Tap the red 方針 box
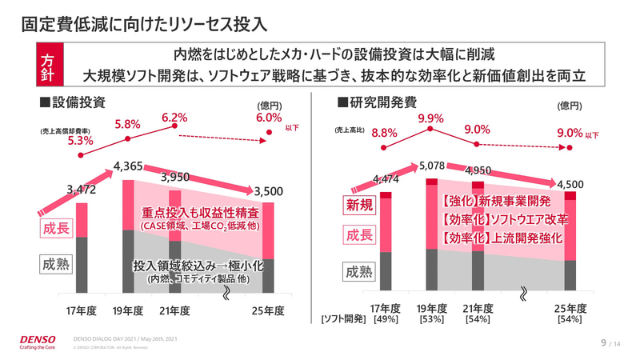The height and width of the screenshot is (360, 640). [x=48, y=66]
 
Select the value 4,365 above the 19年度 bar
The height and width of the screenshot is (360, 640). [x=128, y=166]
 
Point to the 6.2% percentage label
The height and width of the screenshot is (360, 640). [x=174, y=118]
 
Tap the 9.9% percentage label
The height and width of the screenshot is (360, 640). [x=430, y=118]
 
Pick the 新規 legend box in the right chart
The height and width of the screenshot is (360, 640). [x=358, y=206]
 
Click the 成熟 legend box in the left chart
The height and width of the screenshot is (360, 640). [x=54, y=263]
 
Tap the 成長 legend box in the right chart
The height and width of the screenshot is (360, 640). [x=358, y=235]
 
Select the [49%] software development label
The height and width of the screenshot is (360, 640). [x=386, y=320]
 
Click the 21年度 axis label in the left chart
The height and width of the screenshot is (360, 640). [x=174, y=310]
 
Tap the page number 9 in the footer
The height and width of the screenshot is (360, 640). [x=603, y=342]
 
